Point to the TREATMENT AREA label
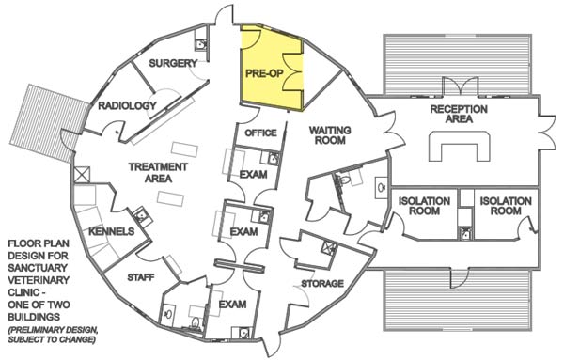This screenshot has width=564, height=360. point(159,173)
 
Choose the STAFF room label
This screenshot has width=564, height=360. point(140,277)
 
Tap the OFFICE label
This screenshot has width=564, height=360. point(260,133)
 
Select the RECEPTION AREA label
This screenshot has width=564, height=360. point(458,115)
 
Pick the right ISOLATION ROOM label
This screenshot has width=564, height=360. point(501,206)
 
